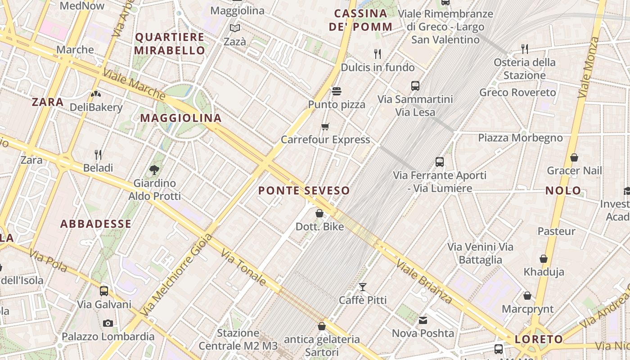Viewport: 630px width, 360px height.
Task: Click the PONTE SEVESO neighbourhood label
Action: pyautogui.click(x=304, y=190)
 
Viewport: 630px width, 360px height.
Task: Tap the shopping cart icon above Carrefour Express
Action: pyautogui.click(x=325, y=126)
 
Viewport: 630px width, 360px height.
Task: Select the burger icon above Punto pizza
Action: pyautogui.click(x=337, y=91)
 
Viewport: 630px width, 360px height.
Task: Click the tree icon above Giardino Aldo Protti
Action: pyautogui.click(x=154, y=170)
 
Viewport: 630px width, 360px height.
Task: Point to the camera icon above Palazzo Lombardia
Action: pyautogui.click(x=108, y=323)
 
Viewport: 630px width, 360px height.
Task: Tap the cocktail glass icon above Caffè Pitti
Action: pyautogui.click(x=363, y=287)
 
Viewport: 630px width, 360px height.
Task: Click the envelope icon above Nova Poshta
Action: pyautogui.click(x=423, y=320)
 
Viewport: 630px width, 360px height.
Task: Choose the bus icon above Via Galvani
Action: pyautogui.click(x=104, y=291)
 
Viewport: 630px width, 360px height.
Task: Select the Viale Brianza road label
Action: pyautogui.click(x=424, y=281)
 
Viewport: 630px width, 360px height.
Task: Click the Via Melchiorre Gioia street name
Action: pyautogui.click(x=176, y=274)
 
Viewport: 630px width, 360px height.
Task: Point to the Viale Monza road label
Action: pyautogui.click(x=589, y=67)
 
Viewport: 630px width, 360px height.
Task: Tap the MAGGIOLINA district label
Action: pyautogui.click(x=181, y=118)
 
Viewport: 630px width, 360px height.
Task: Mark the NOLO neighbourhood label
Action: pyautogui.click(x=563, y=191)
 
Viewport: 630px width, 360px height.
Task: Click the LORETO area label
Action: pyautogui.click(x=539, y=339)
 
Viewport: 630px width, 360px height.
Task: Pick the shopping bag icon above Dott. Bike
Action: pyautogui.click(x=319, y=213)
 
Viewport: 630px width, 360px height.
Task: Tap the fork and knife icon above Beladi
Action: pyautogui.click(x=98, y=155)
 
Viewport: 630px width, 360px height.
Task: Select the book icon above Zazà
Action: pyautogui.click(x=235, y=28)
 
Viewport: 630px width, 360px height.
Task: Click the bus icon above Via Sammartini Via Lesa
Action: pyautogui.click(x=415, y=85)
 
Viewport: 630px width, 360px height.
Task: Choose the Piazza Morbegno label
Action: pyautogui.click(x=520, y=138)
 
